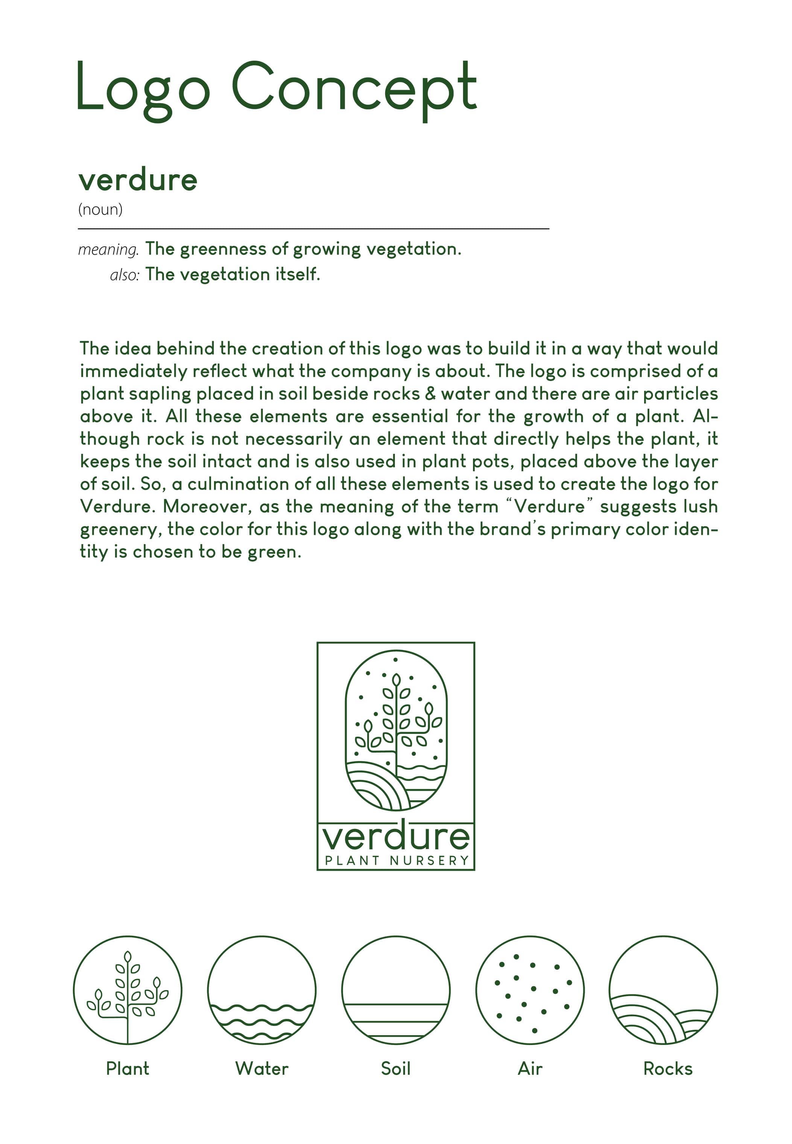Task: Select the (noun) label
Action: [100, 210]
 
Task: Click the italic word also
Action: [124, 275]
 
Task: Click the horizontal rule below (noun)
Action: [313, 229]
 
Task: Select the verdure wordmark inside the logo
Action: [395, 837]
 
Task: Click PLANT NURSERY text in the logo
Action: [397, 861]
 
